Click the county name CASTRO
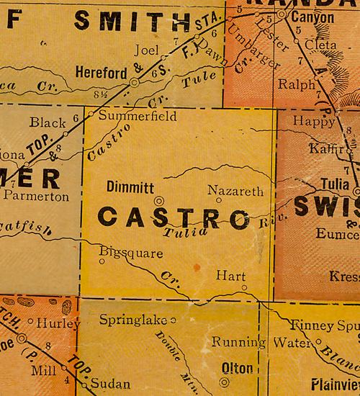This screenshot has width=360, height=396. point(173,217)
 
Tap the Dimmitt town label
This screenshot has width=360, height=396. point(130,187)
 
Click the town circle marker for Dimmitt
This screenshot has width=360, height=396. point(159,201)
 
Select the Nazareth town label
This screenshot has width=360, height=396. point(230,191)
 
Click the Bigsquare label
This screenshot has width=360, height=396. point(131,253)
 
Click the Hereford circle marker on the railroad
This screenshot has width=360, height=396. point(134,84)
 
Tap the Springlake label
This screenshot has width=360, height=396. point(132,319)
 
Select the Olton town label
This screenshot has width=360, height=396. point(237,369)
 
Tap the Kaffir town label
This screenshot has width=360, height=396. point(325,148)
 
